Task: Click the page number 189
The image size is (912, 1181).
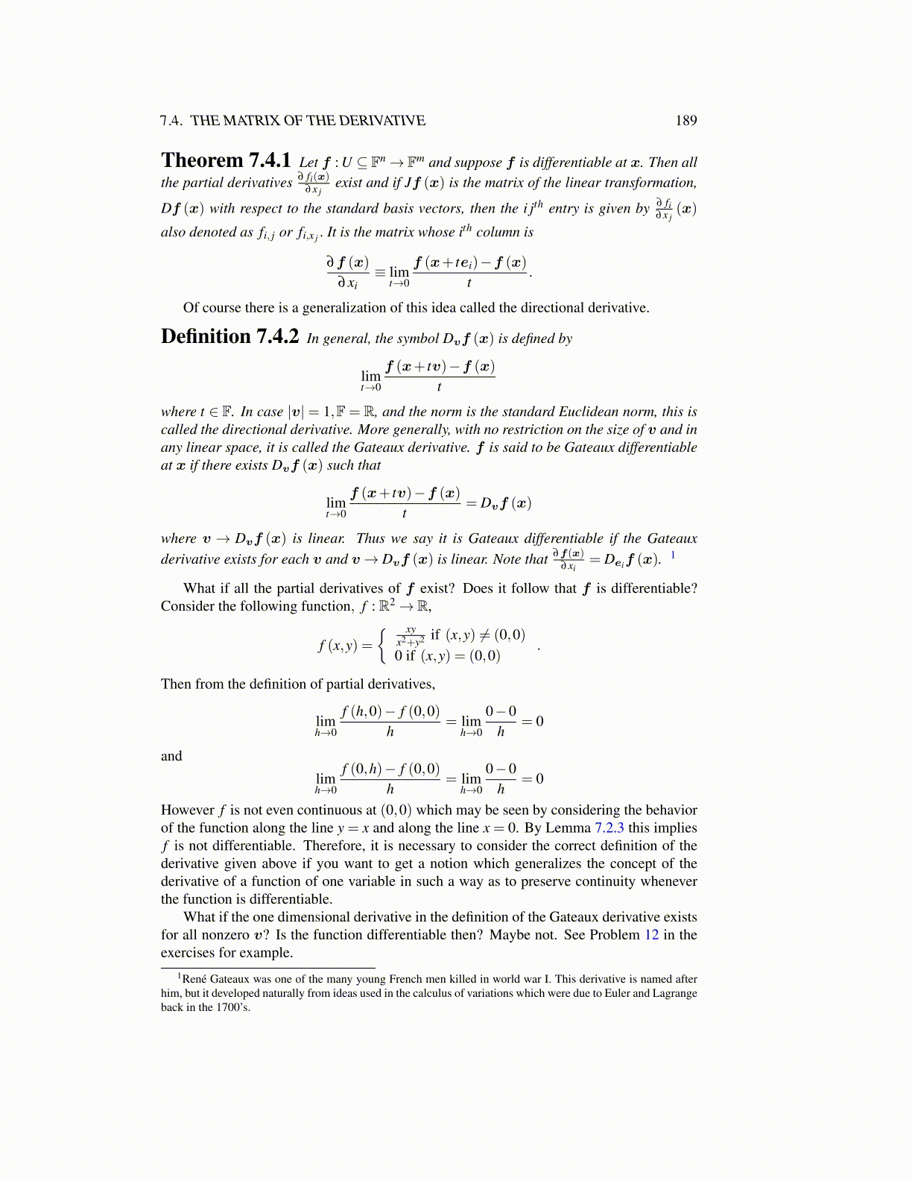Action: click(x=685, y=121)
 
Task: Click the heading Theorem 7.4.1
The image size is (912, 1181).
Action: click(x=226, y=161)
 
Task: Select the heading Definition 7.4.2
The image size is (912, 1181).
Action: click(x=229, y=337)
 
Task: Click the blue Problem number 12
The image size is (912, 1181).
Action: click(x=651, y=935)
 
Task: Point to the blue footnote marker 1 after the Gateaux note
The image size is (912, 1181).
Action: click(x=674, y=555)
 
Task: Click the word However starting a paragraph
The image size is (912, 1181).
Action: click(x=187, y=810)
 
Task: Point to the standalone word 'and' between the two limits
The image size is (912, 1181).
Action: click(x=171, y=756)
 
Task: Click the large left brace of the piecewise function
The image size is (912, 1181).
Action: click(x=382, y=646)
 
